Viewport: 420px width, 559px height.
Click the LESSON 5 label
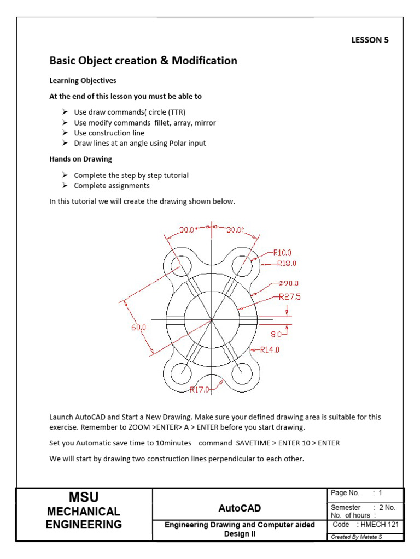coord(369,40)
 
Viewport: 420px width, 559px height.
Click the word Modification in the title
coord(204,61)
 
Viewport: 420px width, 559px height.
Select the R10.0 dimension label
coord(283,253)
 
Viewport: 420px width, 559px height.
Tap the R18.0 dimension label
coord(286,263)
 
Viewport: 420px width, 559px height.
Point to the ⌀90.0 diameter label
coord(288,283)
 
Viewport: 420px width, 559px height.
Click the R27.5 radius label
coord(290,297)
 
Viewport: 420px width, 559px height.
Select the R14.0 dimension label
coord(270,349)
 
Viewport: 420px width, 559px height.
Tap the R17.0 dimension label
coord(199,390)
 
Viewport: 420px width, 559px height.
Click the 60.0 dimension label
coord(138,328)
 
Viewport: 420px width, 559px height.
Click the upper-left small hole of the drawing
coord(180,267)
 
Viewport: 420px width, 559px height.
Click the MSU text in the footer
coord(84,497)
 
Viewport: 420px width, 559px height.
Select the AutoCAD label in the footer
coord(239,508)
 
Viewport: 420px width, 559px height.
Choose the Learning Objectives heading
coord(83,80)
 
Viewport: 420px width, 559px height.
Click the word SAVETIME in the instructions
coord(256,443)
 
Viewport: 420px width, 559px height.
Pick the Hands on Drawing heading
coord(80,159)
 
